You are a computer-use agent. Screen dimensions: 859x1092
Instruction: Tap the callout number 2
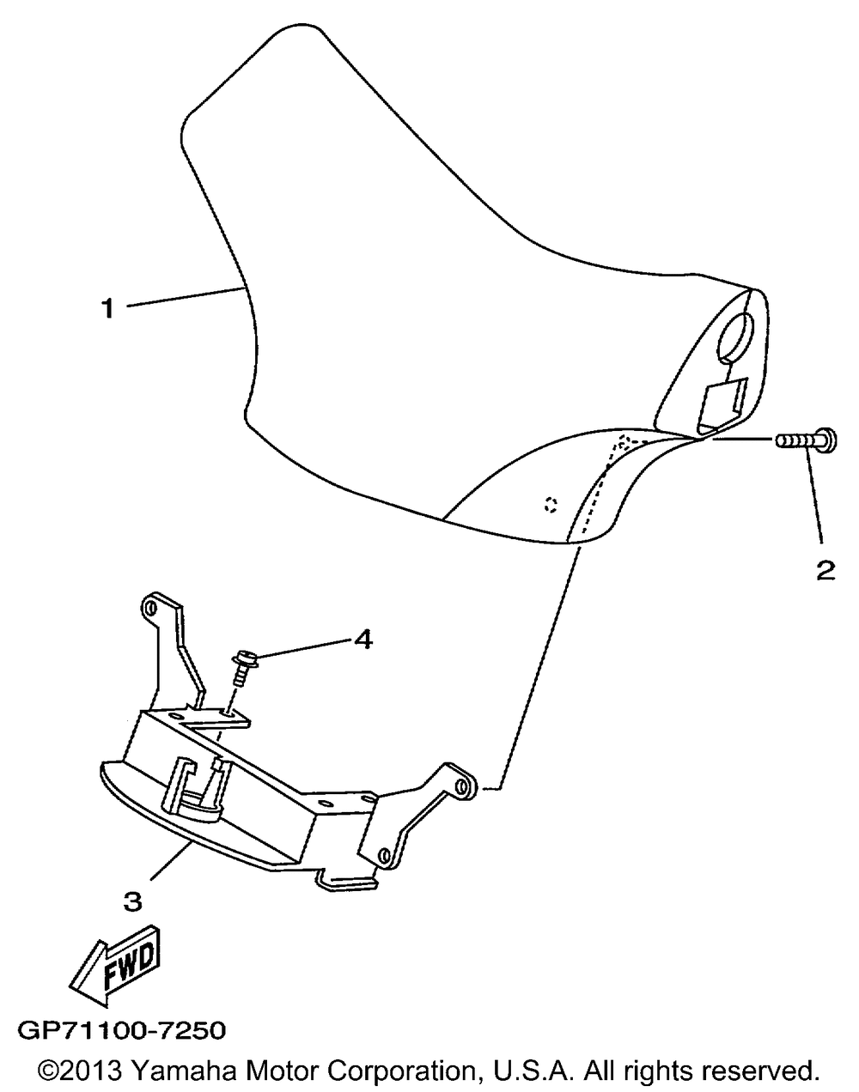point(825,570)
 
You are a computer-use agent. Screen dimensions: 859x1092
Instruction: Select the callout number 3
point(131,901)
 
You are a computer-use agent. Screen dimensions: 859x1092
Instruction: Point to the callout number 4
point(363,640)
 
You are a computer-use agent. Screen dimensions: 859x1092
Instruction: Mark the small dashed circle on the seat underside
point(551,505)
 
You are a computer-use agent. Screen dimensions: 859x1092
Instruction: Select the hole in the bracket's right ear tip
point(462,786)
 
